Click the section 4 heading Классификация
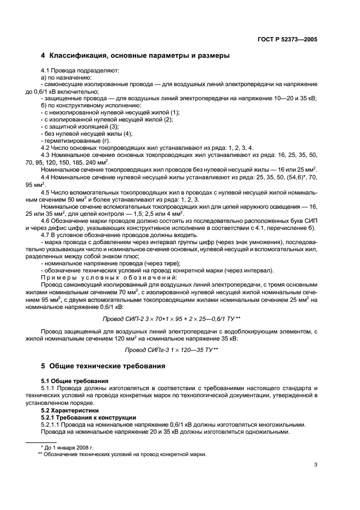(x=135, y=56)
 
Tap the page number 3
(x=315, y=464)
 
